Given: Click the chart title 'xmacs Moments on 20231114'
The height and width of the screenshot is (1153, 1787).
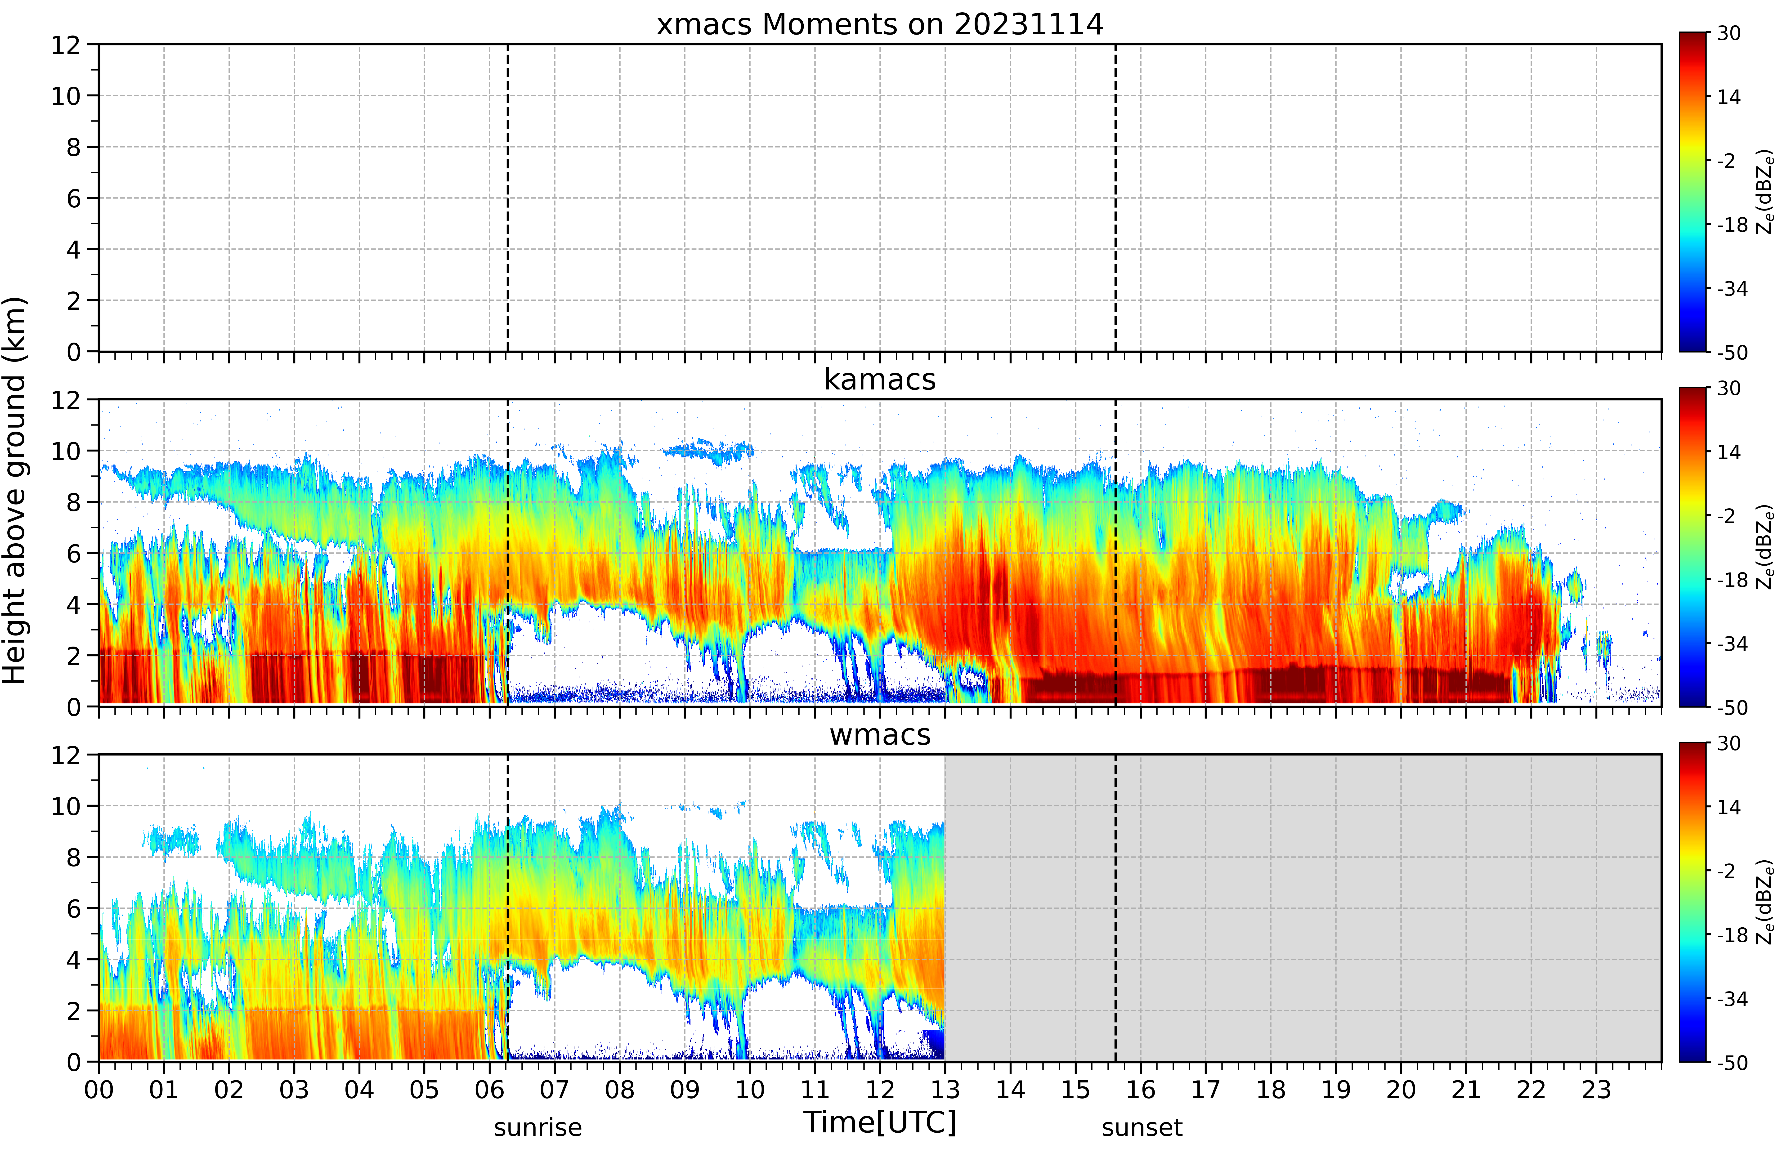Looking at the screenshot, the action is tap(880, 25).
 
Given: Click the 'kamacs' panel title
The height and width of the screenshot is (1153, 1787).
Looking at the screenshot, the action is tap(880, 380).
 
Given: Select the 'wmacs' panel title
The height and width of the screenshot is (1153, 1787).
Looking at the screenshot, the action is tap(880, 734).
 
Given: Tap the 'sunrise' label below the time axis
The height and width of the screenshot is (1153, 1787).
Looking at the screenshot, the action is tap(537, 1127).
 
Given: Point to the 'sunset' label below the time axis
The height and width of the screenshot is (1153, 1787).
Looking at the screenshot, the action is tap(1142, 1127).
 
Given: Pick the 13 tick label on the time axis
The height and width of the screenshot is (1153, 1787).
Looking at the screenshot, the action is tap(945, 1089).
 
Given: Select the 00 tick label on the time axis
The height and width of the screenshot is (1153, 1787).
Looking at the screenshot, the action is tap(99, 1089).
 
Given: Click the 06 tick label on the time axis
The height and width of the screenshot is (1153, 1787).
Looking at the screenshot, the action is tap(490, 1089).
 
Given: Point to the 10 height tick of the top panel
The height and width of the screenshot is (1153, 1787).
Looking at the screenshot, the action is tap(66, 96).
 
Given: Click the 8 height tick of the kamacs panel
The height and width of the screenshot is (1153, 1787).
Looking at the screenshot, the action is tap(73, 502).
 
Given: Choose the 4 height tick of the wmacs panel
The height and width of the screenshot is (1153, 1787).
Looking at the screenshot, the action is tap(73, 960).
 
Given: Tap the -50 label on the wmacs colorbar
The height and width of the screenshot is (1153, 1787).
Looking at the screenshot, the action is tap(1732, 1062).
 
